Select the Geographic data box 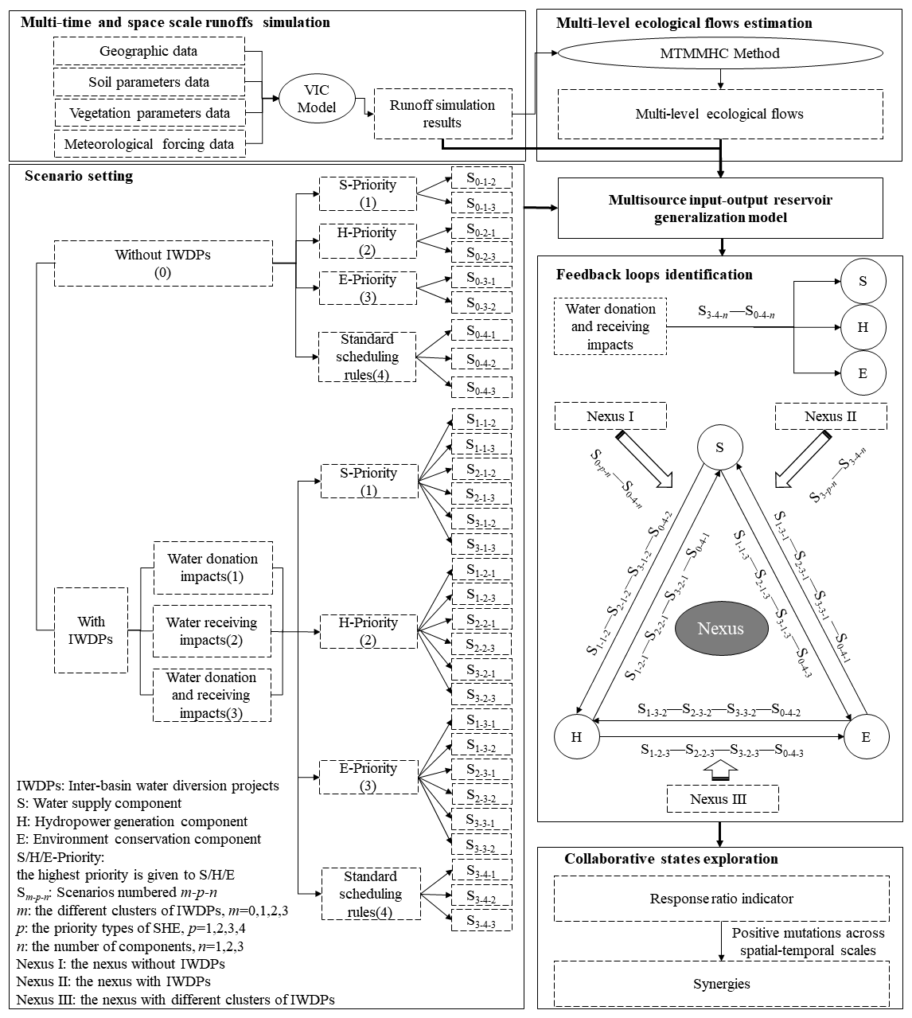coord(149,52)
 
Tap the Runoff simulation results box coord(442,114)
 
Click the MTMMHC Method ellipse coord(719,54)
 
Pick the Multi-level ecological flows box coord(719,114)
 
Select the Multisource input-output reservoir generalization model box coord(720,209)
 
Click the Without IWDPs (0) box coord(164,263)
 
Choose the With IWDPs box coord(91,630)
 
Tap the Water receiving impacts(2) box coord(212,631)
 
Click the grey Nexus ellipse coord(720,629)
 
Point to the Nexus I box coord(610,416)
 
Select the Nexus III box coord(720,799)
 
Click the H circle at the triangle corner coord(577,736)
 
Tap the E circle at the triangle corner coord(865,736)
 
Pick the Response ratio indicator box coord(721,899)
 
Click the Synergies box coord(721,984)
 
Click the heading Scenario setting coord(79,176)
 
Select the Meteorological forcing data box coord(149,144)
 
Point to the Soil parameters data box coord(149,82)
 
